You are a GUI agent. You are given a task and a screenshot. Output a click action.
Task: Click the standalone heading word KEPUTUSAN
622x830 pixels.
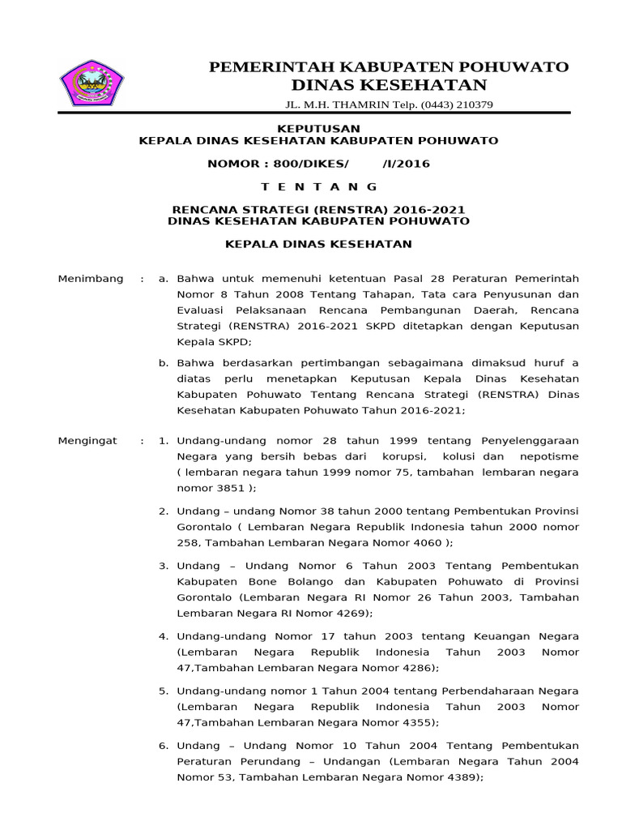pos(318,128)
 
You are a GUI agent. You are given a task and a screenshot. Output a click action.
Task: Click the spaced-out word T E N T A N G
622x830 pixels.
pos(319,186)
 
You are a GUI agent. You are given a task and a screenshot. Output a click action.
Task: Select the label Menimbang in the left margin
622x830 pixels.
pos(91,279)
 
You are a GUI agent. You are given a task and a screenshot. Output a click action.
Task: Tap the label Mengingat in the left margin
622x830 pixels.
pos(87,441)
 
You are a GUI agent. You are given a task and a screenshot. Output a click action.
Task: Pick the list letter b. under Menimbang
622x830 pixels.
pos(164,362)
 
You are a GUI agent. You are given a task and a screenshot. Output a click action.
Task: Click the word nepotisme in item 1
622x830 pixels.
pos(547,457)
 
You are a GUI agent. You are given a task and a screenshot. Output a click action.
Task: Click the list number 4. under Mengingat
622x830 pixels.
pos(163,636)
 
